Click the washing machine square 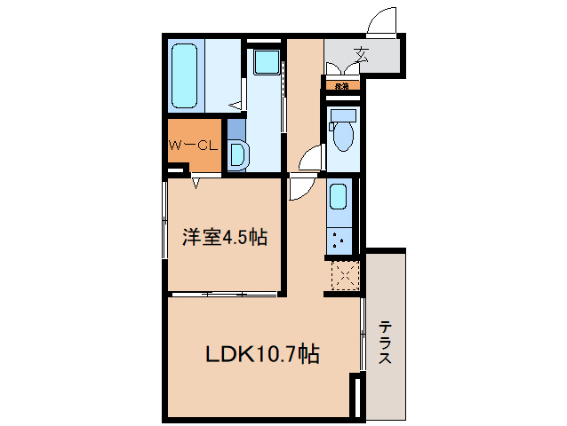coord(265,61)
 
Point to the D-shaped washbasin coord(238,155)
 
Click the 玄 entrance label coord(363,53)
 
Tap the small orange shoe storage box coord(341,86)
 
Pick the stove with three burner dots coord(339,238)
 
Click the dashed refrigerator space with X coord(344,274)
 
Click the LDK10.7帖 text coord(263,355)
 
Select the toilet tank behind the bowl coord(343,115)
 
